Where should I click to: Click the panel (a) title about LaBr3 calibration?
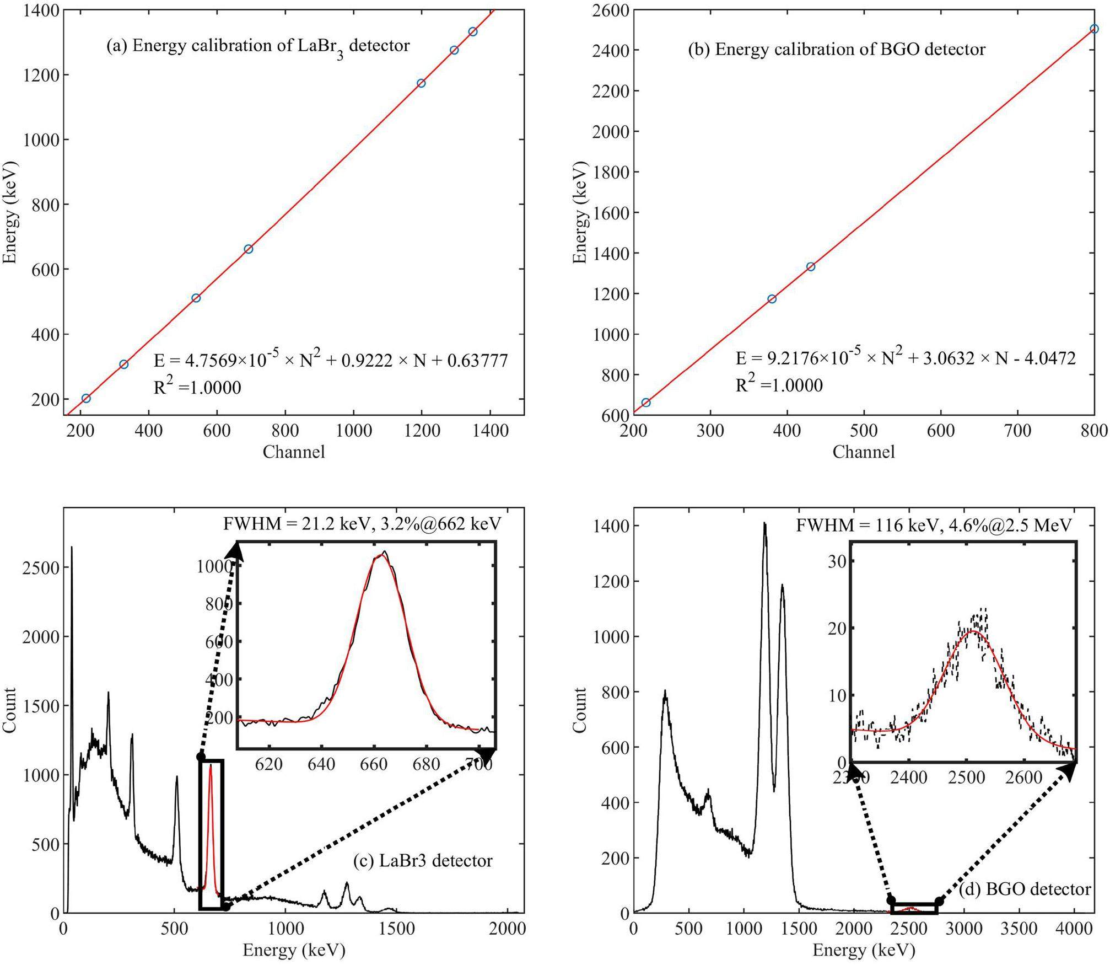tap(258, 46)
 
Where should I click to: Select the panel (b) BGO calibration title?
tap(837, 50)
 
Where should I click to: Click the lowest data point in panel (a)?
tap(86, 398)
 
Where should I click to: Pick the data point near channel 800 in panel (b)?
tap(1094, 29)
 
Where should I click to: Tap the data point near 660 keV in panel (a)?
tap(249, 249)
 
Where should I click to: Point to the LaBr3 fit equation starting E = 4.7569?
tap(330, 360)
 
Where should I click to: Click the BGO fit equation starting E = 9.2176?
tap(906, 358)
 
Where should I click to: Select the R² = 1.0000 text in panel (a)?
tap(197, 388)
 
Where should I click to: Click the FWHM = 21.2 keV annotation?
tap(362, 524)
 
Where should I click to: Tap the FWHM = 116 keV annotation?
tap(934, 525)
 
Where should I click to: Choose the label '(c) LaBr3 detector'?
tap(422, 861)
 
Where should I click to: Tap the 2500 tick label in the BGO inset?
tap(966, 778)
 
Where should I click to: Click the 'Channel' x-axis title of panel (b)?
tap(863, 452)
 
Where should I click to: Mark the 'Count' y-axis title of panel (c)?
tap(9, 710)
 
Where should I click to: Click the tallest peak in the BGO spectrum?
tap(764, 525)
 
